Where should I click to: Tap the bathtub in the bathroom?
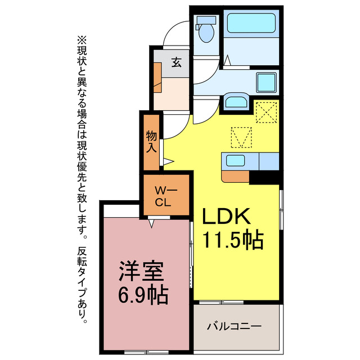[250, 24]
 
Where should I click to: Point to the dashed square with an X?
[266, 111]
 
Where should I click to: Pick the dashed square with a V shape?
[241, 136]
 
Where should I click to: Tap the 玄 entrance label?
[176, 63]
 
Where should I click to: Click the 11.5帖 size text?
[233, 240]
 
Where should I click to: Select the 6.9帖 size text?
[142, 295]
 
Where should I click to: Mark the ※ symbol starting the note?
[83, 40]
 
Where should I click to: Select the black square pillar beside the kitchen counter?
[264, 177]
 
